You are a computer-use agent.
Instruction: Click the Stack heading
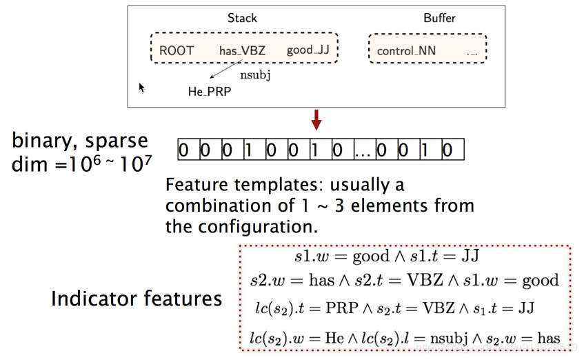[241, 18]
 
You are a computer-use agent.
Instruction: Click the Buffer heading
[439, 18]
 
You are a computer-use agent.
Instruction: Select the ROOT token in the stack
[177, 50]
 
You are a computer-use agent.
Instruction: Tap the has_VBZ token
[242, 50]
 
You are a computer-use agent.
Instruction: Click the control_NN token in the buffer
[406, 51]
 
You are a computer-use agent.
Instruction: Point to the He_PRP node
[210, 91]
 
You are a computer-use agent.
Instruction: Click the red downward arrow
[316, 120]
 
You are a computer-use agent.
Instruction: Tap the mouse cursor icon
[141, 88]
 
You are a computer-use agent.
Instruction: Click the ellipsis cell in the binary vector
[364, 150]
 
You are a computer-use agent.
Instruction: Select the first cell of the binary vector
[183, 150]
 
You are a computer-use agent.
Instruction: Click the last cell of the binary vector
[448, 150]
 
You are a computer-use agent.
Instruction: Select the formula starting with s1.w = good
[387, 257]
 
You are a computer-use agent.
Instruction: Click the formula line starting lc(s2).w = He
[403, 337]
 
